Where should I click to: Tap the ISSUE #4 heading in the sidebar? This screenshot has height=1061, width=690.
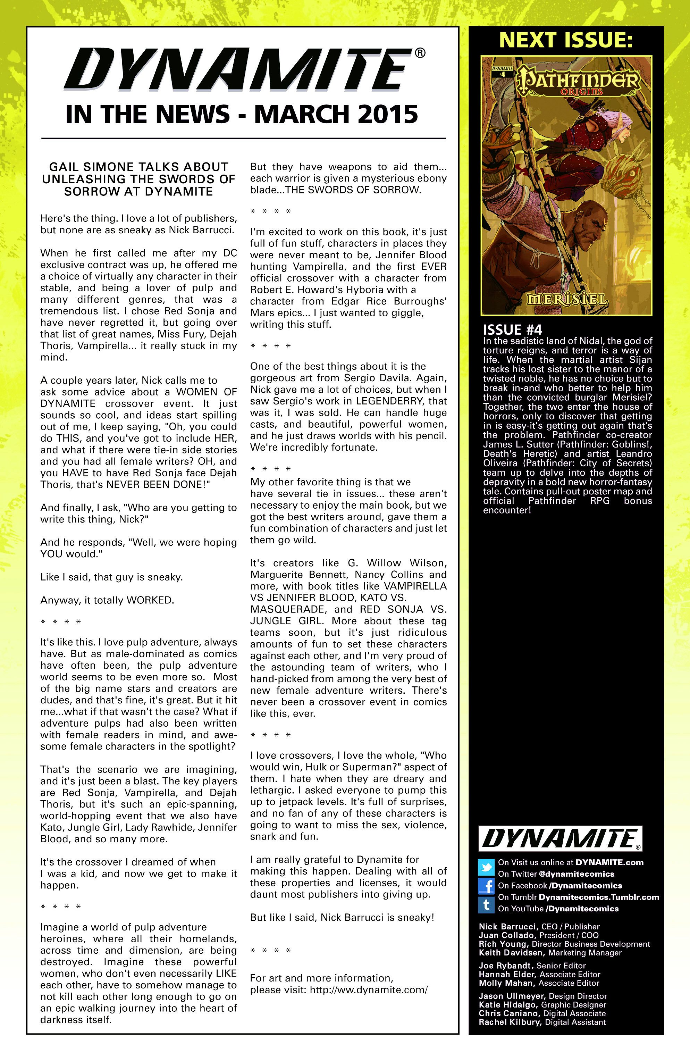pos(512,330)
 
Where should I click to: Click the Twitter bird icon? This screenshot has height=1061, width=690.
pos(486,867)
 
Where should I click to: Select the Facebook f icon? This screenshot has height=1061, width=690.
pos(486,885)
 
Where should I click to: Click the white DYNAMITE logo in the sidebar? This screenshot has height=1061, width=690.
pos(560,838)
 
